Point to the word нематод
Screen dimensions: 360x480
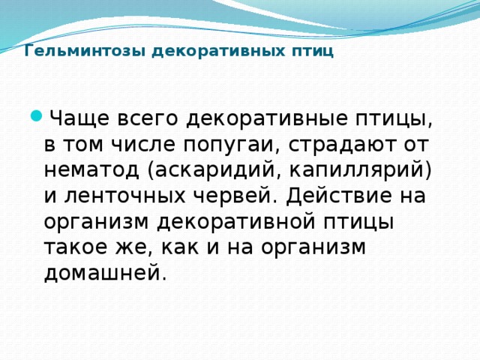91,170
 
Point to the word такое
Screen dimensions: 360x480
78,248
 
